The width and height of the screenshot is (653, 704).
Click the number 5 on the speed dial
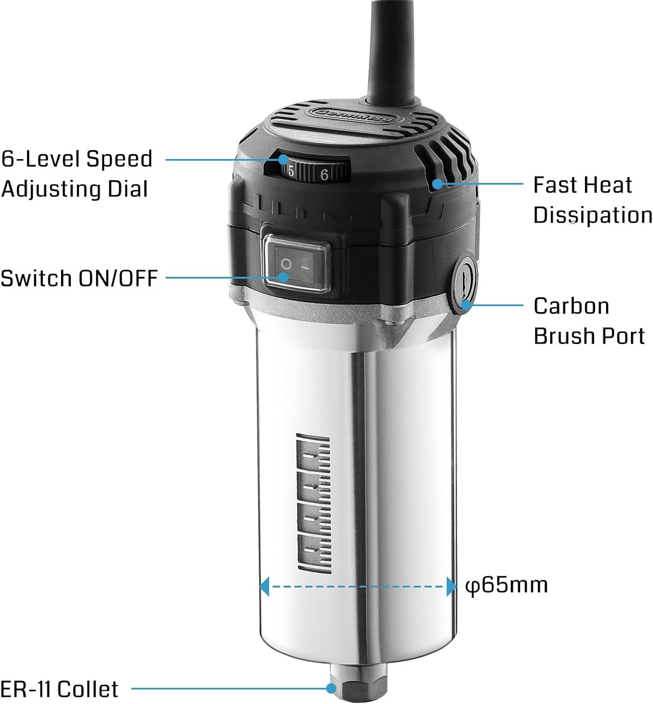(x=291, y=172)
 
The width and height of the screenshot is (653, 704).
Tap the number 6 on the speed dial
(x=324, y=175)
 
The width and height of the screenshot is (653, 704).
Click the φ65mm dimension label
(x=507, y=585)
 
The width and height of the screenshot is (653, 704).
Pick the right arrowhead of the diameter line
(x=451, y=586)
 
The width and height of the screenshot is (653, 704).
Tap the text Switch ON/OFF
(x=79, y=278)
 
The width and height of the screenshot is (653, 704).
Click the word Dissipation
(x=592, y=215)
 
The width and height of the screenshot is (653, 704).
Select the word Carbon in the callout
(x=571, y=306)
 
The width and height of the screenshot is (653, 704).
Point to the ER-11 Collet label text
(x=60, y=689)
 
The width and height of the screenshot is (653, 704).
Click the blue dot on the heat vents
(x=437, y=184)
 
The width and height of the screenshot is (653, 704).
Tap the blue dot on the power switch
(x=283, y=277)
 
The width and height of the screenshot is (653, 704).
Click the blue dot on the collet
(x=332, y=689)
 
